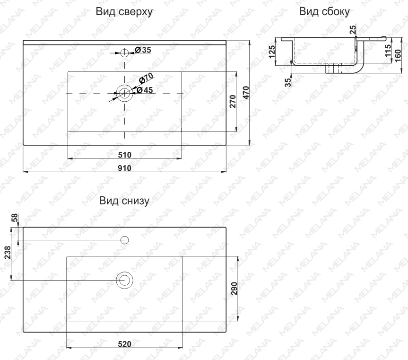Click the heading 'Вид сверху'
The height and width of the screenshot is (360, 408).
pos(124,12)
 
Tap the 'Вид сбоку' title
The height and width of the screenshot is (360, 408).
pos(324,11)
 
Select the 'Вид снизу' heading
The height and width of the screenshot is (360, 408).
pos(124,201)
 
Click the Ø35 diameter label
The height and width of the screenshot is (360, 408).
pos(143,50)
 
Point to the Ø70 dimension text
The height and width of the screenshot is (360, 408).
pos(146,78)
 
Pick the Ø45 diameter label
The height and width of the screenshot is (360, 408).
pos(145,90)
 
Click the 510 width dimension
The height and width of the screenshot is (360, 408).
pos(124,155)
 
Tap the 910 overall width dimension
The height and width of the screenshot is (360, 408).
pos(124,168)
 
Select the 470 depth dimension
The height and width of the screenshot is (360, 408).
pos(246,93)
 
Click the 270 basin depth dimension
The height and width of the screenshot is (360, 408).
pos(233,102)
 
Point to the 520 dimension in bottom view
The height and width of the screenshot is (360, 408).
pos(124,344)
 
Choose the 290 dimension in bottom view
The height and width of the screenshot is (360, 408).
pos(234,289)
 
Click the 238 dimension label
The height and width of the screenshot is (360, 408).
pos(8,253)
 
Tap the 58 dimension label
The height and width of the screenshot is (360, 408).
pos(15,218)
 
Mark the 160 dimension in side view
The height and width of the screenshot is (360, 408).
pos(398,56)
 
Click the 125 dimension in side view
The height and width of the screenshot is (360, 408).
pos(271,52)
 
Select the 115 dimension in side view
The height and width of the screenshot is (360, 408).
pos(388,51)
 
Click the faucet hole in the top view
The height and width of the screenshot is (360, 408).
pos(125,53)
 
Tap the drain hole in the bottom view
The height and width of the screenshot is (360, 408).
pos(125,280)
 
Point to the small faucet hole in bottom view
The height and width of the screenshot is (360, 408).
pos(125,240)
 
